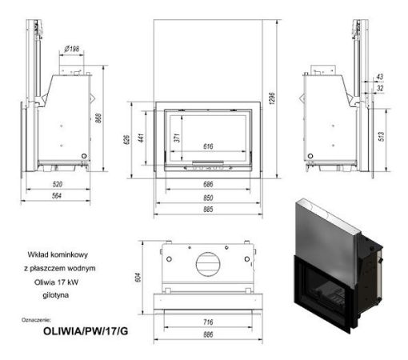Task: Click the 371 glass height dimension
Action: (175, 138)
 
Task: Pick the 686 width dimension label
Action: (206, 185)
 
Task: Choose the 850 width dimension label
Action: (206, 198)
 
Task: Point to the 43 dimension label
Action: (379, 77)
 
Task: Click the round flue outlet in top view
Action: (206, 265)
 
